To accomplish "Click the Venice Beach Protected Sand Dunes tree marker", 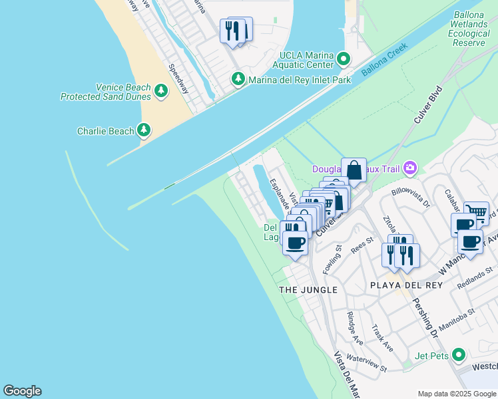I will pyautogui.click(x=160, y=91).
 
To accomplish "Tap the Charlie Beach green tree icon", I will pyautogui.click(x=144, y=130).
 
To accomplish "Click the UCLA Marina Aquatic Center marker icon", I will pyautogui.click(x=344, y=59).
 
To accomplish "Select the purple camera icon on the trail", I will pyautogui.click(x=410, y=168).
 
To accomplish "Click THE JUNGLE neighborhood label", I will pyautogui.click(x=308, y=290).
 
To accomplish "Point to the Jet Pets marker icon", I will pyautogui.click(x=457, y=355).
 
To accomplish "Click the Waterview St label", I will pyautogui.click(x=367, y=363).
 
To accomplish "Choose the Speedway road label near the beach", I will pyautogui.click(x=178, y=78).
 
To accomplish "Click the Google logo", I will pyautogui.click(x=22, y=391).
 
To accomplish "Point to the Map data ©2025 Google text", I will pyautogui.click(x=456, y=394).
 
